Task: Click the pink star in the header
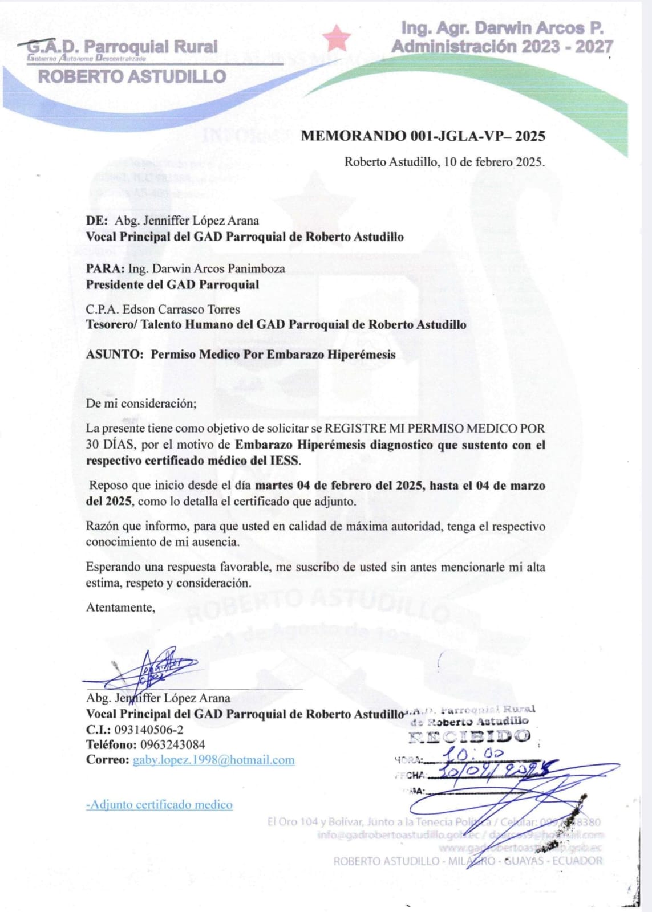coord(336,38)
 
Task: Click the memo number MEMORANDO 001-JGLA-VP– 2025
coord(423,136)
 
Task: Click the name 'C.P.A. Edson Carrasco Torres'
coord(163,310)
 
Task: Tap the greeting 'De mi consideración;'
coord(141,404)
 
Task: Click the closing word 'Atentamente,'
coord(120,608)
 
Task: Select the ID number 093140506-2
coord(149,730)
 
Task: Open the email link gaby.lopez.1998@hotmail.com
coord(214,760)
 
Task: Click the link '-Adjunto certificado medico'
coord(159,805)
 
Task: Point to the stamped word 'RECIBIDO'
coord(469,736)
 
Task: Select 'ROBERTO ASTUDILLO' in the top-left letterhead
coord(132,76)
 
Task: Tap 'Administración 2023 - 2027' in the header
coord(502,47)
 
